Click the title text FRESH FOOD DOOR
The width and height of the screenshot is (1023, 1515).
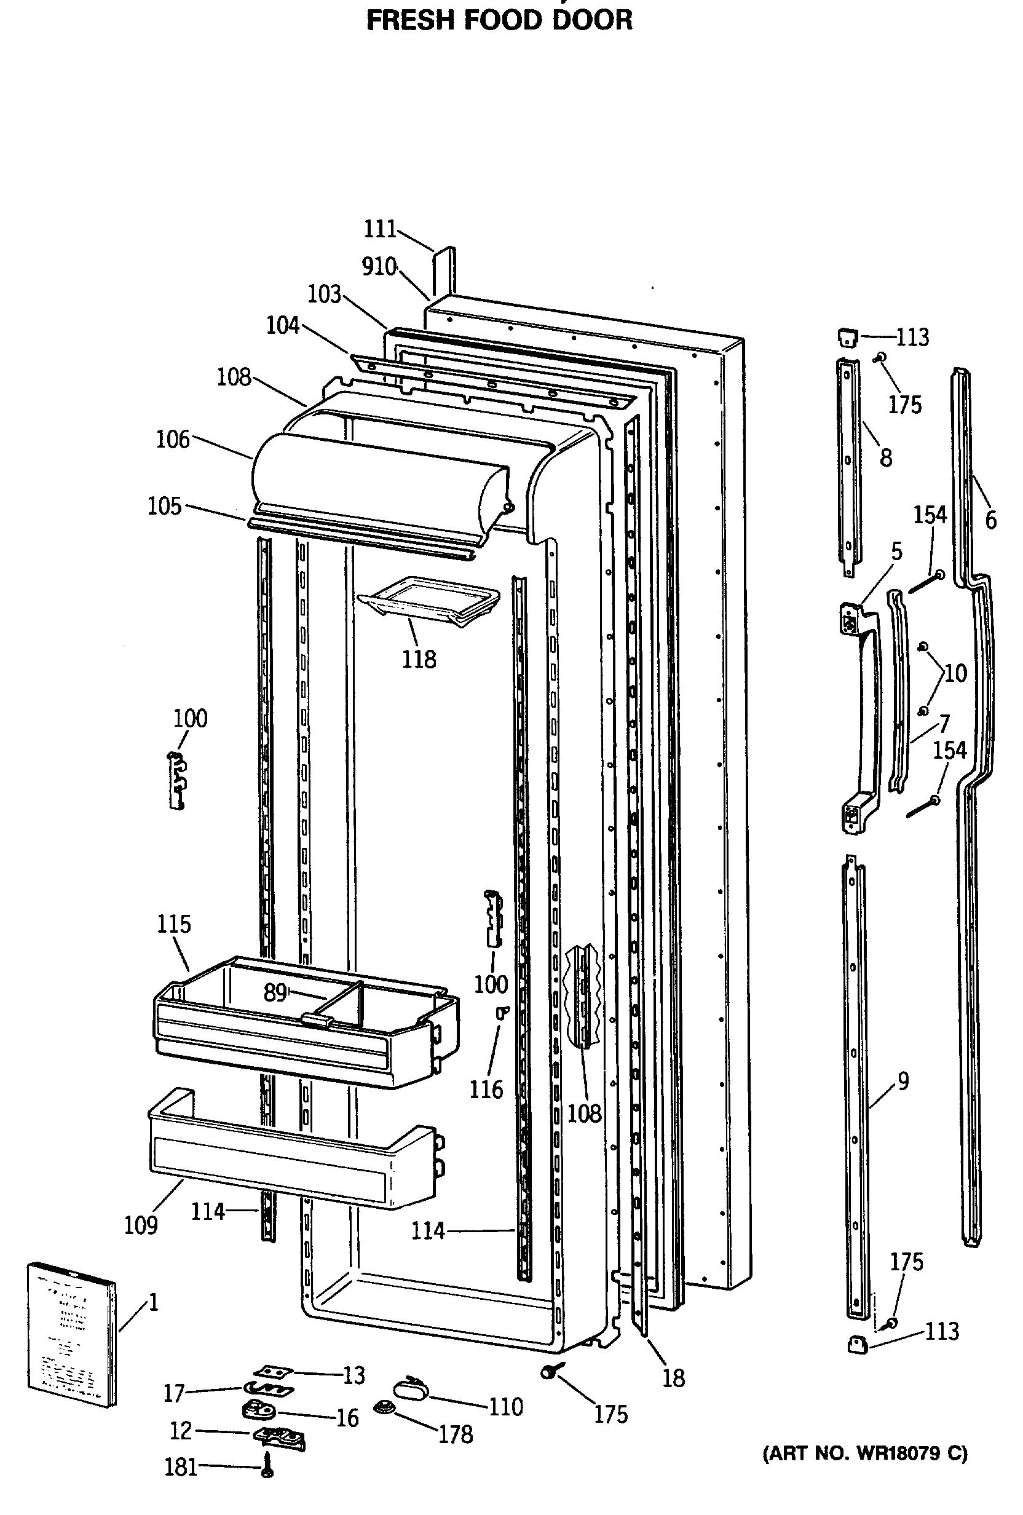499,21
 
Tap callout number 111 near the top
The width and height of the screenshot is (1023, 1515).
380,229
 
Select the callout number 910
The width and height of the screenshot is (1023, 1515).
379,267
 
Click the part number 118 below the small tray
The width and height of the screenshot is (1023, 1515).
419,660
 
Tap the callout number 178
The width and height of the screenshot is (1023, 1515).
456,1434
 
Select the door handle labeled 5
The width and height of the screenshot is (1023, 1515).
861,717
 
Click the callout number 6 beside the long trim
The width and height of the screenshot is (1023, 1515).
990,520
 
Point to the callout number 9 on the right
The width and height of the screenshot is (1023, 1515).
903,1082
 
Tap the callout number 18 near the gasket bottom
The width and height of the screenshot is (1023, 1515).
674,1378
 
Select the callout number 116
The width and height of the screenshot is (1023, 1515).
486,1090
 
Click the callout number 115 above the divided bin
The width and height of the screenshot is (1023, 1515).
174,924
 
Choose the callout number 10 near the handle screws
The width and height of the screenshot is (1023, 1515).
955,673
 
